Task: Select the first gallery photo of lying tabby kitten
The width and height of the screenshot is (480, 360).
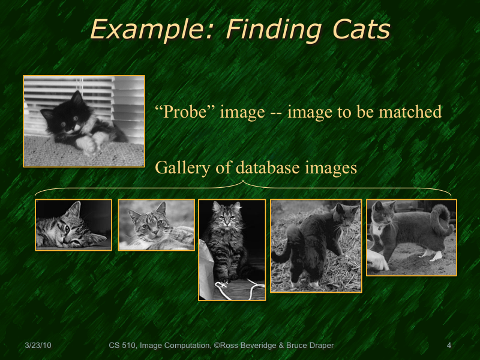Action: point(73,225)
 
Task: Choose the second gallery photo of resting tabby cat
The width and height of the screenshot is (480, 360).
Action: point(157,225)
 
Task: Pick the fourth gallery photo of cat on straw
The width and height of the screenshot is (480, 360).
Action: point(316,246)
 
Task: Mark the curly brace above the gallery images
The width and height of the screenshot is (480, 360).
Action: point(243,186)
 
